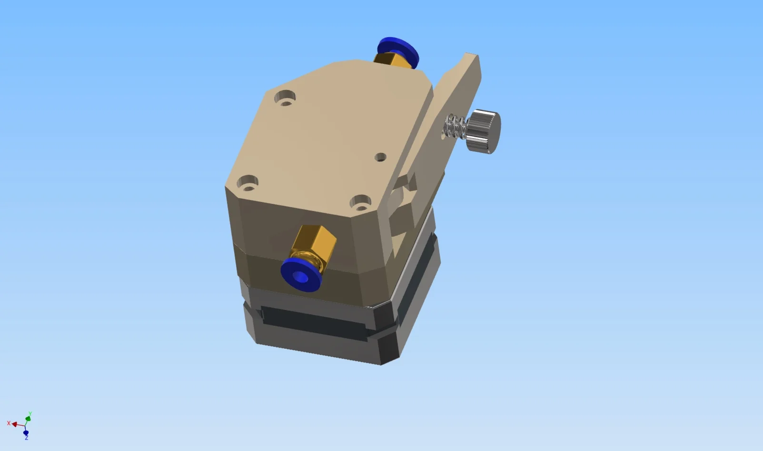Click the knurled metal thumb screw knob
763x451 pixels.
coord(484,131)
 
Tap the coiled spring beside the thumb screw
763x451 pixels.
coord(455,126)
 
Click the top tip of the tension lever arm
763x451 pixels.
coord(472,54)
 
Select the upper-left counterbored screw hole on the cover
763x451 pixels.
coord(285,98)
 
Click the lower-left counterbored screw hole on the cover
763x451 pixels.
coord(248,183)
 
